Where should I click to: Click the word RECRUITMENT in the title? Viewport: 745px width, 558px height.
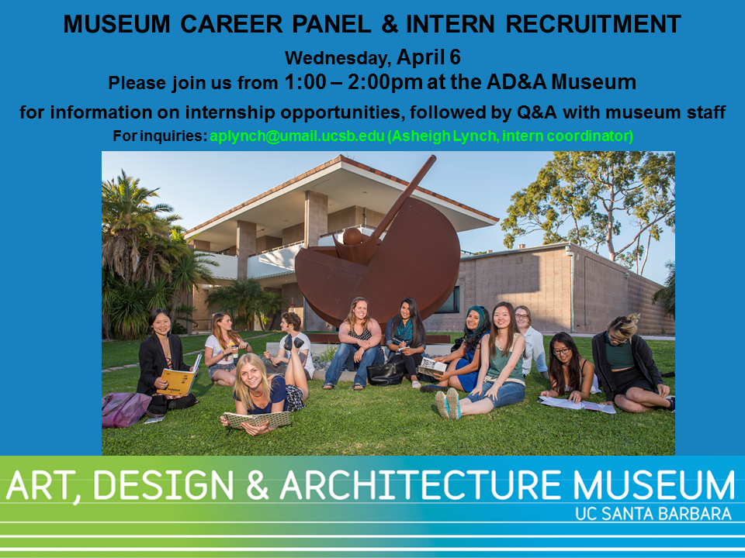tap(593, 24)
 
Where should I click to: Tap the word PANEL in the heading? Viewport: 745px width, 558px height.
tap(331, 24)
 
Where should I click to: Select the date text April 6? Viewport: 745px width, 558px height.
tap(428, 57)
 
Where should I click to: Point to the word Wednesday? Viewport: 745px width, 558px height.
tap(338, 58)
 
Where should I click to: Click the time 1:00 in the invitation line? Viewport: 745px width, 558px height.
tap(305, 81)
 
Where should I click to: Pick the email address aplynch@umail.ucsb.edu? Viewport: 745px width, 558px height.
tap(297, 136)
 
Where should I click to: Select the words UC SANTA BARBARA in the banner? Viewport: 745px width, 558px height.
tap(653, 513)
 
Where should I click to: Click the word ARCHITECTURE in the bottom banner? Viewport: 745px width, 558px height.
tap(421, 485)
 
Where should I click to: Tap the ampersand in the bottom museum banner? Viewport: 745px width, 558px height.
tap(258, 485)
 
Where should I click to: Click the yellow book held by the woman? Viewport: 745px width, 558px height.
tap(178, 379)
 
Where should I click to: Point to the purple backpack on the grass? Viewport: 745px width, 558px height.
tap(126, 408)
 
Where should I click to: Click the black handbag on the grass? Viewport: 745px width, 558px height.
tap(386, 372)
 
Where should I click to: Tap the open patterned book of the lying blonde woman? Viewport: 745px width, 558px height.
tap(258, 419)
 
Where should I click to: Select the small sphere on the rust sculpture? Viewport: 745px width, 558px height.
tap(353, 236)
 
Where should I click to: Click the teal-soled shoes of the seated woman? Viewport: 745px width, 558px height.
tap(448, 403)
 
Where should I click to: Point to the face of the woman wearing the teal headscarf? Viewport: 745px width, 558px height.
tap(473, 320)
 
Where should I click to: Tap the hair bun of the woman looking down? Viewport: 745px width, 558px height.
tap(632, 318)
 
